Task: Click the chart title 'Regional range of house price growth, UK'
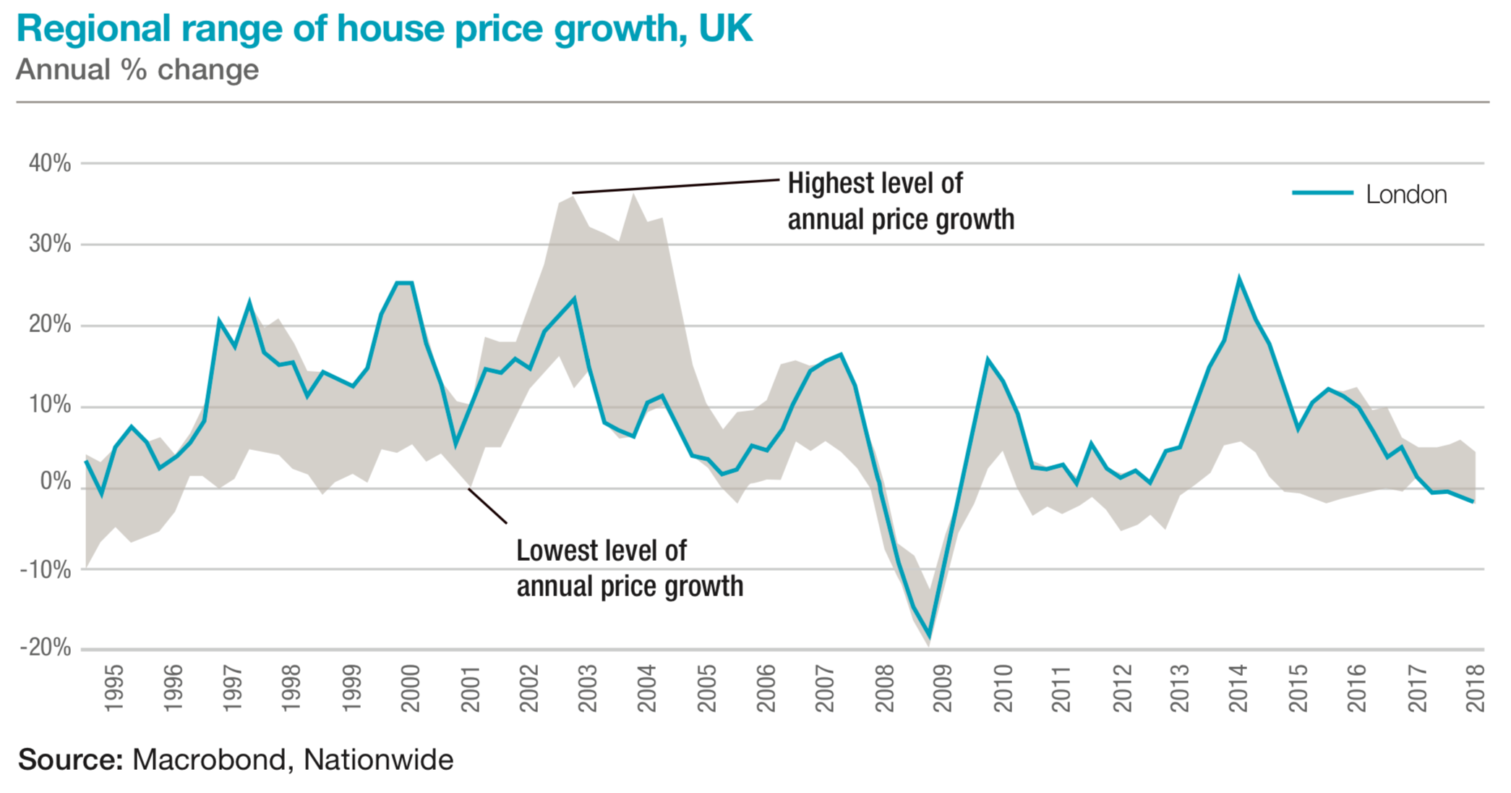(x=384, y=29)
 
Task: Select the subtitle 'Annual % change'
(x=137, y=70)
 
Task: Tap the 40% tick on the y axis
(x=50, y=164)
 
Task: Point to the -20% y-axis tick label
(x=46, y=648)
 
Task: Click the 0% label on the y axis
(x=56, y=481)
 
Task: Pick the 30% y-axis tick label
(x=50, y=244)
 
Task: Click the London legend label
(x=1406, y=195)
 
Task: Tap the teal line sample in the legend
(x=1322, y=192)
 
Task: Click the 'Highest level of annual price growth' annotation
(x=900, y=201)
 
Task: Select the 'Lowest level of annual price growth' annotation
(x=629, y=569)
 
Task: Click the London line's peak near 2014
(x=1239, y=279)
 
